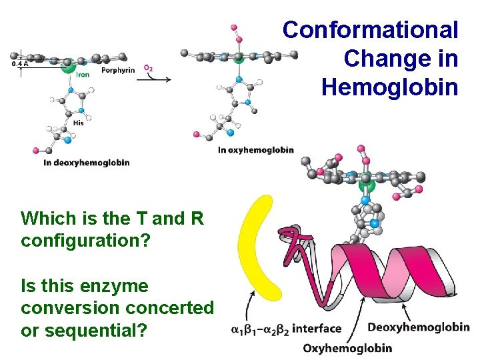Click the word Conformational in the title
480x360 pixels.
tap(370, 30)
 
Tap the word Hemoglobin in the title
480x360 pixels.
tap(389, 87)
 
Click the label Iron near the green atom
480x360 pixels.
tap(83, 75)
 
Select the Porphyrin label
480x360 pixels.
tap(118, 70)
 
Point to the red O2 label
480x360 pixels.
tap(149, 67)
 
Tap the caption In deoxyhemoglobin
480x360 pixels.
tap(87, 162)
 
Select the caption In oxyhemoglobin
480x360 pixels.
tap(256, 150)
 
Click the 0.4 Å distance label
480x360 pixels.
tap(20, 65)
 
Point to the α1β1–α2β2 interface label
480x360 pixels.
tap(286, 328)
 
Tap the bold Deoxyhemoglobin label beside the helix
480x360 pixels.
tap(418, 327)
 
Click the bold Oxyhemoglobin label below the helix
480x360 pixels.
tap(347, 347)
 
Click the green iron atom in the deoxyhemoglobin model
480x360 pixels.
tap(68, 65)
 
